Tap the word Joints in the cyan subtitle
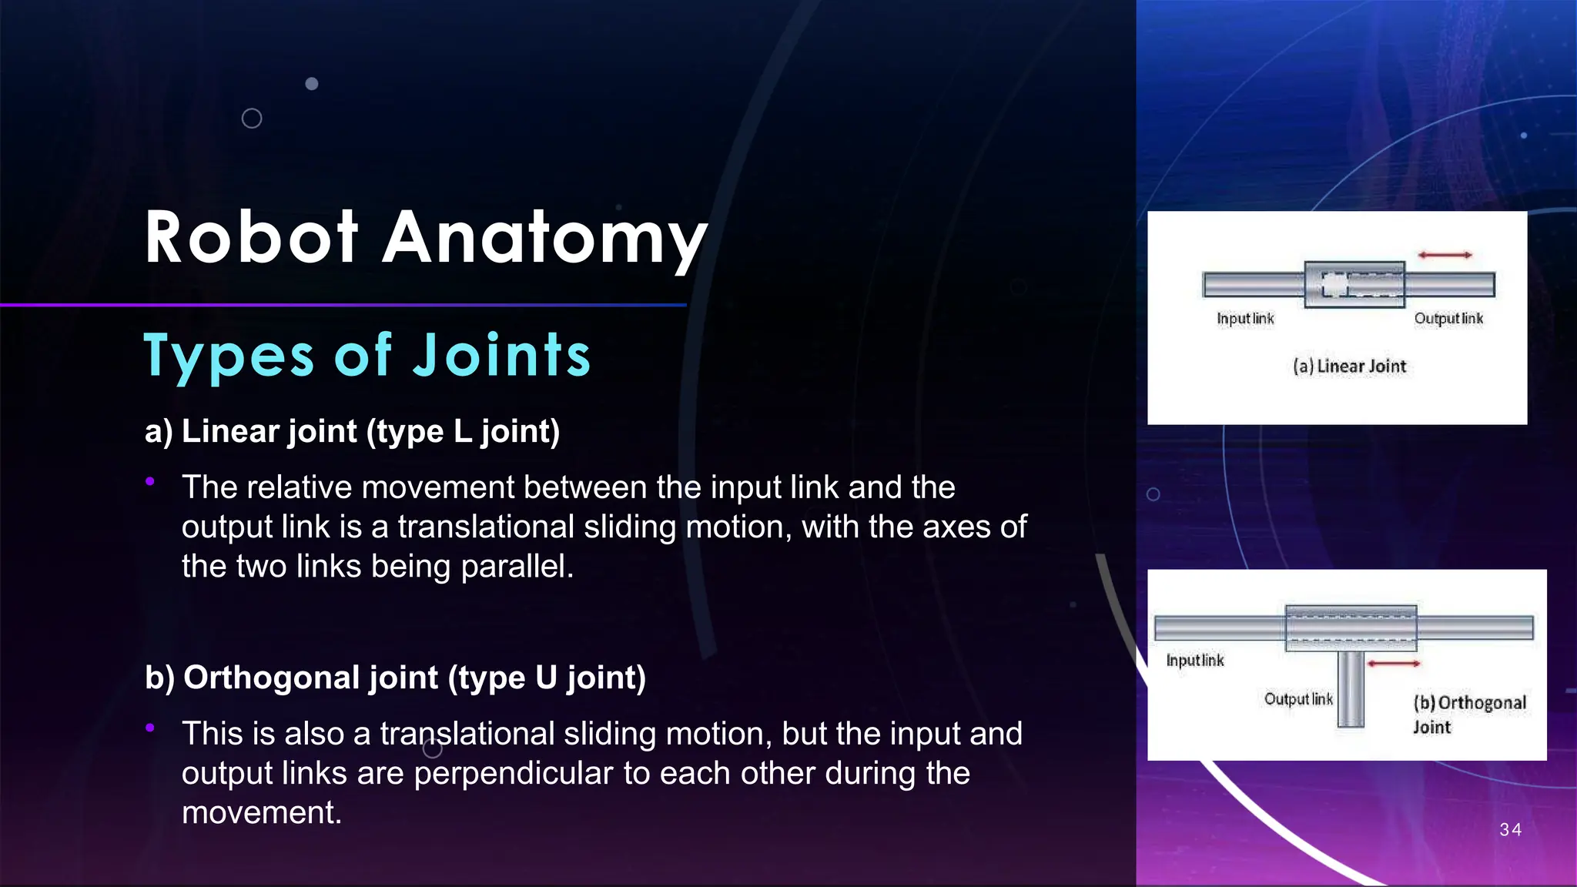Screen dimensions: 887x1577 (502, 356)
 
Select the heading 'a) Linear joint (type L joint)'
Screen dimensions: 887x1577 (352, 431)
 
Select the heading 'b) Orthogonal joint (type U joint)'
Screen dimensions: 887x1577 (395, 678)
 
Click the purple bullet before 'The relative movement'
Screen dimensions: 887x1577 (150, 482)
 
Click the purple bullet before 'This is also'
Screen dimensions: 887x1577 (150, 728)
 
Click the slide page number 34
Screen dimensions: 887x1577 (1511, 829)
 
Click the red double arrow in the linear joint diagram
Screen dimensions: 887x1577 (1445, 255)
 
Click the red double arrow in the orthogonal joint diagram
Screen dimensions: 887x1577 (1394, 663)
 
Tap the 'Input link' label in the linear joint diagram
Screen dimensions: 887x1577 (1245, 319)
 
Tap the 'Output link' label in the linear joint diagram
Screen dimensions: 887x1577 (1448, 319)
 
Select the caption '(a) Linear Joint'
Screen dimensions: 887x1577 (1350, 367)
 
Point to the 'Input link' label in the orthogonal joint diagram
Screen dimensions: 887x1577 (1195, 661)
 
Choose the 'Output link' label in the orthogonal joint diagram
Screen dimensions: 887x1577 (1298, 699)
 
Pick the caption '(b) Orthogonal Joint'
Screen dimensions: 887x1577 (1469, 714)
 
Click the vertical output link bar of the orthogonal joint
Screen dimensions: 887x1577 (1351, 689)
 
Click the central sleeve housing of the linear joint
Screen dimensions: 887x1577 (1354, 284)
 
